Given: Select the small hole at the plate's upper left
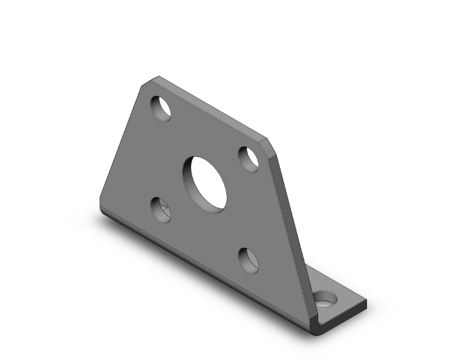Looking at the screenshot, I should click(161, 108).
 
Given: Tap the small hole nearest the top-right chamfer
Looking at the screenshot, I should click(249, 158).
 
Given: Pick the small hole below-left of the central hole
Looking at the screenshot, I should click(162, 210).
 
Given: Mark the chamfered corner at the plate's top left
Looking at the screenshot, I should click(150, 81).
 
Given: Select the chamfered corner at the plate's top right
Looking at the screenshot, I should click(270, 145).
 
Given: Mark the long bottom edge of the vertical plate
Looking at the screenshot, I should click(207, 269).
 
